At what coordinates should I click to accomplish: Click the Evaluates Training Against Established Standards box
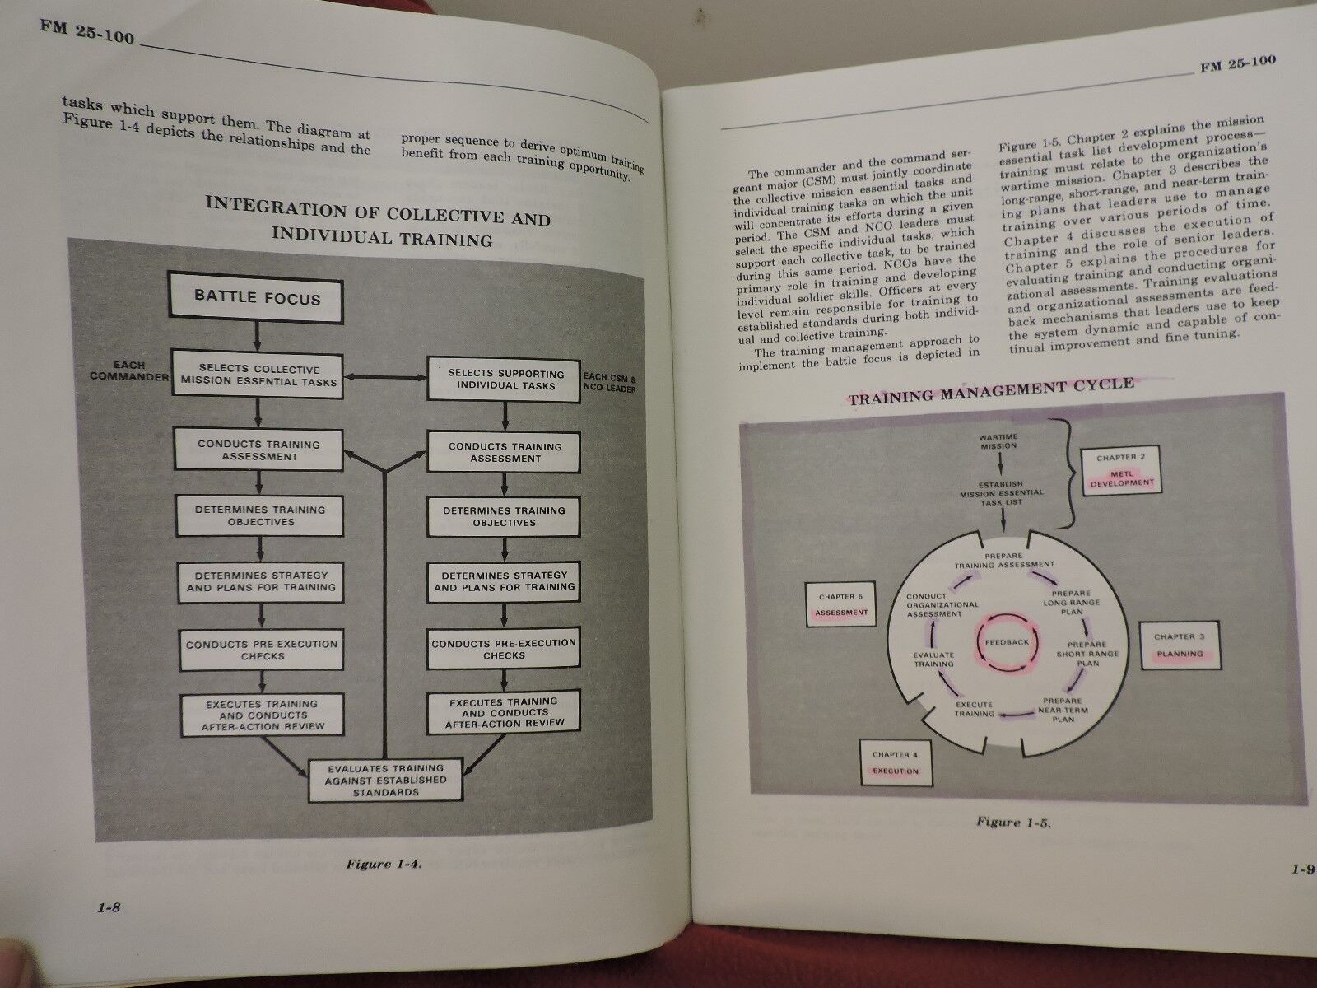click(x=384, y=779)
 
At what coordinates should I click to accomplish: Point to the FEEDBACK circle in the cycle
click(x=1007, y=641)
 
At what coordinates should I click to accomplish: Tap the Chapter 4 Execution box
click(x=891, y=762)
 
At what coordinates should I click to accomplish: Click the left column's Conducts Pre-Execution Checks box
click(x=261, y=650)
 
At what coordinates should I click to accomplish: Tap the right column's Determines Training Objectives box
click(x=504, y=516)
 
